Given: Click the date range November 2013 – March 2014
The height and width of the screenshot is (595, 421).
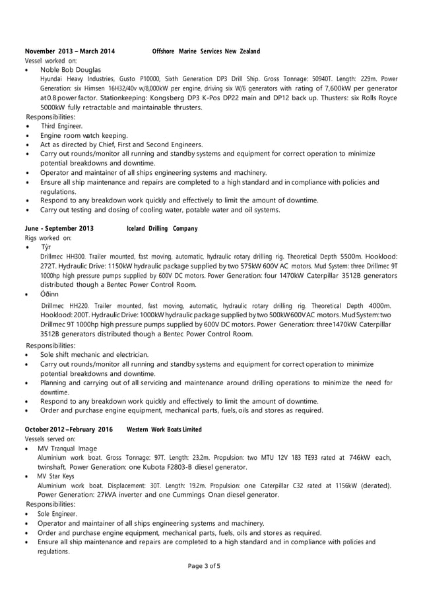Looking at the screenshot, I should click(x=69, y=51).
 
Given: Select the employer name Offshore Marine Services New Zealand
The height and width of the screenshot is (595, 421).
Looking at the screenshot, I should click(x=206, y=51).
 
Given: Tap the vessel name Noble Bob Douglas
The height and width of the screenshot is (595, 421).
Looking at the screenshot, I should click(x=71, y=69).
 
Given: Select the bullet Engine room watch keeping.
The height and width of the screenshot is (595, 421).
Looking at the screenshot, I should click(x=84, y=135).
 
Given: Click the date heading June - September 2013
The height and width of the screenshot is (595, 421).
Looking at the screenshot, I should click(x=59, y=228).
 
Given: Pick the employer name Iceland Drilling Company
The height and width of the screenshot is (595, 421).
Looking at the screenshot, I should click(x=162, y=228).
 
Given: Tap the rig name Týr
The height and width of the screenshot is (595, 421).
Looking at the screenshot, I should click(x=46, y=246).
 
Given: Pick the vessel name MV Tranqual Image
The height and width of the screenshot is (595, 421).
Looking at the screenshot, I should click(x=67, y=448).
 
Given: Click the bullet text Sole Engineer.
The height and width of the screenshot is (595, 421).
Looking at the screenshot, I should click(x=57, y=513).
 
